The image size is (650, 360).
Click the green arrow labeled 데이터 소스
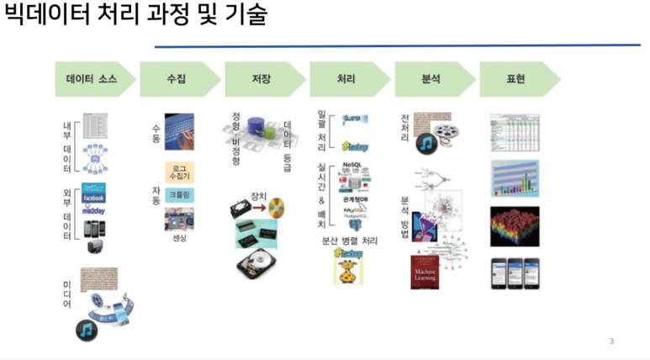point(92,79)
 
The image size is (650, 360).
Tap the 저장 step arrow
point(262,79)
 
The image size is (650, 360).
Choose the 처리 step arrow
point(346,79)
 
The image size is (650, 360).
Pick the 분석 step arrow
point(431,79)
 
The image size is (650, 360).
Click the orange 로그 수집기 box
point(179,172)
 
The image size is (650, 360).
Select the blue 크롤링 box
point(179,194)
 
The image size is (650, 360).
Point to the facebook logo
point(98,198)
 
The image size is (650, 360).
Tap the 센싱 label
point(178,238)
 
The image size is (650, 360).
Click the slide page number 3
point(611,341)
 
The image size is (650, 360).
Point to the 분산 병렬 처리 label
point(350,241)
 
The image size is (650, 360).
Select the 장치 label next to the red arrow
point(258,196)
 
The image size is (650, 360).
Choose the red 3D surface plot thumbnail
point(514,227)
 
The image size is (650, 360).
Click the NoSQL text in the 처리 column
point(351,165)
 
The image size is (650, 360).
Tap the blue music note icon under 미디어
point(86,328)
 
